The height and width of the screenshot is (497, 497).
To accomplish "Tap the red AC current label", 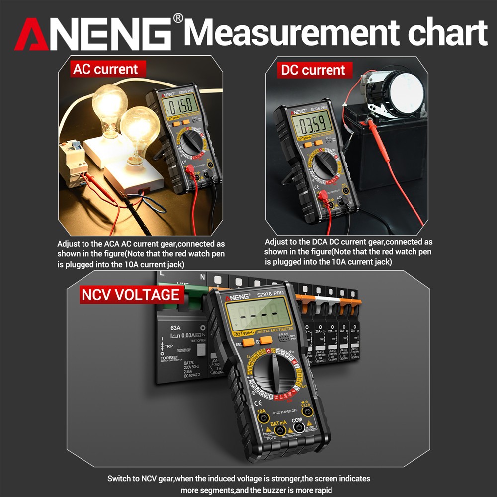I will (x=105, y=69).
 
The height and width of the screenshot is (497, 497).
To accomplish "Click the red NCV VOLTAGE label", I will (x=130, y=295).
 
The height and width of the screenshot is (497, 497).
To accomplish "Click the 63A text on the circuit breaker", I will (x=175, y=328).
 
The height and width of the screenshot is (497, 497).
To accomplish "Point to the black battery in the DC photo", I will (x=393, y=149).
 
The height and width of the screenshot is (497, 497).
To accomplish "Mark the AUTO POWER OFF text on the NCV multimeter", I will (x=284, y=411).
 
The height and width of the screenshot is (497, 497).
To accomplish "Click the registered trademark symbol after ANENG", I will (x=178, y=18).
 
